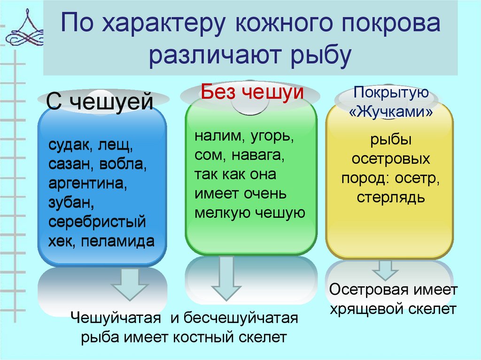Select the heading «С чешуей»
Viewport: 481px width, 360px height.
pos(101,102)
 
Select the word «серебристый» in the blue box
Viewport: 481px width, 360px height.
pos(96,222)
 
